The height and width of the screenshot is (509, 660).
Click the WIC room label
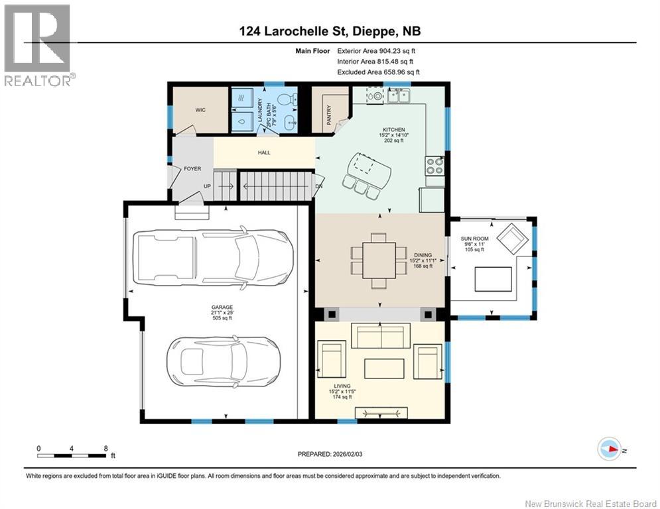pos(200,110)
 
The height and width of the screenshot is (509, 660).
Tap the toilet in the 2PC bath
pos(287,99)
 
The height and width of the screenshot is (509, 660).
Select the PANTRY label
pos(329,115)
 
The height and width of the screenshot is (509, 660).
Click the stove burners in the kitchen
pos(435,166)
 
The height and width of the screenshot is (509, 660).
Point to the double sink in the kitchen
pos(399,96)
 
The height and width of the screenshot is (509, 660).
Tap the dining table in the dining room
pos(379,260)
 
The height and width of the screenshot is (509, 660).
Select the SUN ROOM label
pos(474,239)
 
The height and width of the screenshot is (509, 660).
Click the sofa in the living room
pos(381,335)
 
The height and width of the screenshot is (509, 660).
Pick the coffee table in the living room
pos(384,368)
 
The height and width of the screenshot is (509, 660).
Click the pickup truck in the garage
pos(212,257)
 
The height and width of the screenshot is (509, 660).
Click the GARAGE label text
pos(222,308)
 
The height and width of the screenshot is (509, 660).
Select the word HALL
pos(264,152)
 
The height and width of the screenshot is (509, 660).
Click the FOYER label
pos(192,169)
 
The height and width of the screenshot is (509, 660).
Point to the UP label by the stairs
pos(208,186)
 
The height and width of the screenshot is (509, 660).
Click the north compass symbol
pos(610,449)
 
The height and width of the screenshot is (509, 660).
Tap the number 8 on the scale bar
pos(105,449)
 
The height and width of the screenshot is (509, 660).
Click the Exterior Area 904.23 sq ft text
pos(376,51)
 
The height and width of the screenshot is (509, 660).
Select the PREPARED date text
pos(330,454)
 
